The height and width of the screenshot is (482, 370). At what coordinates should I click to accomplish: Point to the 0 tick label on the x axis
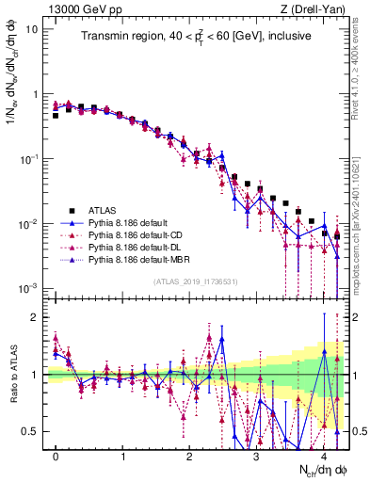(x=56, y=456)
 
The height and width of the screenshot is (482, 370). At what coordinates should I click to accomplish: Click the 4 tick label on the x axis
(x=324, y=456)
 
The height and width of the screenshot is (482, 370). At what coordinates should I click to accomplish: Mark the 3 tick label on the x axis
(x=257, y=456)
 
